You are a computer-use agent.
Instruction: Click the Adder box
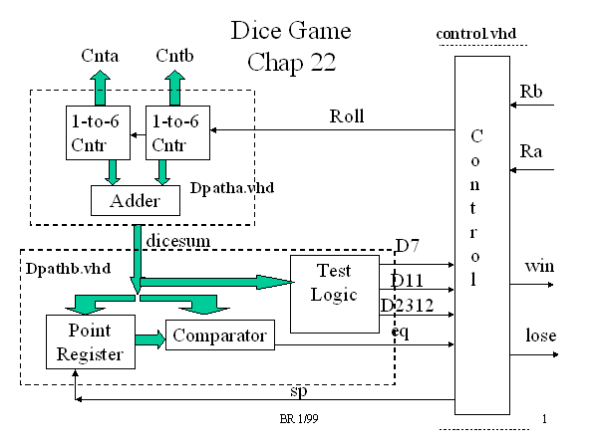click(x=135, y=201)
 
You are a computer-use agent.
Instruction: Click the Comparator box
click(x=219, y=336)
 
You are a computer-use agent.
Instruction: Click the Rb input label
click(x=532, y=92)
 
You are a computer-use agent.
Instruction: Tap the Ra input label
click(x=531, y=151)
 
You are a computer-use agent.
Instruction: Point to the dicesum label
click(x=171, y=240)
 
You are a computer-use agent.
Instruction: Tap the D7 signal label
click(x=407, y=245)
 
